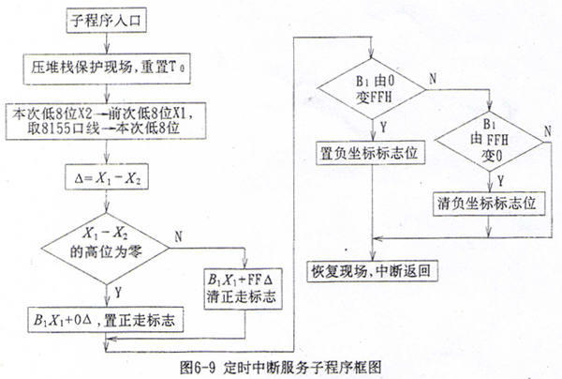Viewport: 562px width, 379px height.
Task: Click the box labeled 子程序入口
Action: tap(111, 17)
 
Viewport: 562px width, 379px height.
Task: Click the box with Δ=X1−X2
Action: tap(111, 174)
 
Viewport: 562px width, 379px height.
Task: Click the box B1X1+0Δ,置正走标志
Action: tap(112, 322)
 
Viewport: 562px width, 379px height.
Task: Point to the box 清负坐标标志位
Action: tap(492, 205)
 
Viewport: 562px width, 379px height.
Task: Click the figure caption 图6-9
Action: tap(281, 363)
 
